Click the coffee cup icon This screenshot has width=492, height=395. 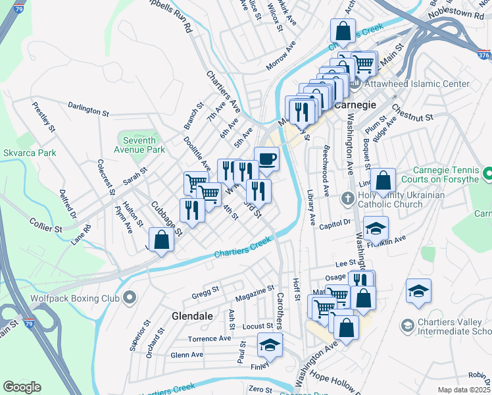pyautogui.click(x=266, y=159)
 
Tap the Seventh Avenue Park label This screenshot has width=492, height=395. pyautogui.click(x=141, y=145)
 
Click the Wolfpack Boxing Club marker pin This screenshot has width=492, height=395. pyautogui.click(x=130, y=298)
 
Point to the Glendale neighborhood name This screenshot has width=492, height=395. pyautogui.click(x=192, y=316)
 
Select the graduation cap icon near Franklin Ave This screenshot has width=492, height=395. pyautogui.click(x=376, y=228)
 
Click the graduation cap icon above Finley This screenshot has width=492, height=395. pyautogui.click(x=269, y=344)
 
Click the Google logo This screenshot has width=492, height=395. pyautogui.click(x=22, y=387)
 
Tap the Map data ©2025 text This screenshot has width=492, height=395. pyautogui.click(x=463, y=390)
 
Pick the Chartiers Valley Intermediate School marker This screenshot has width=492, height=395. pyautogui.click(x=407, y=326)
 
